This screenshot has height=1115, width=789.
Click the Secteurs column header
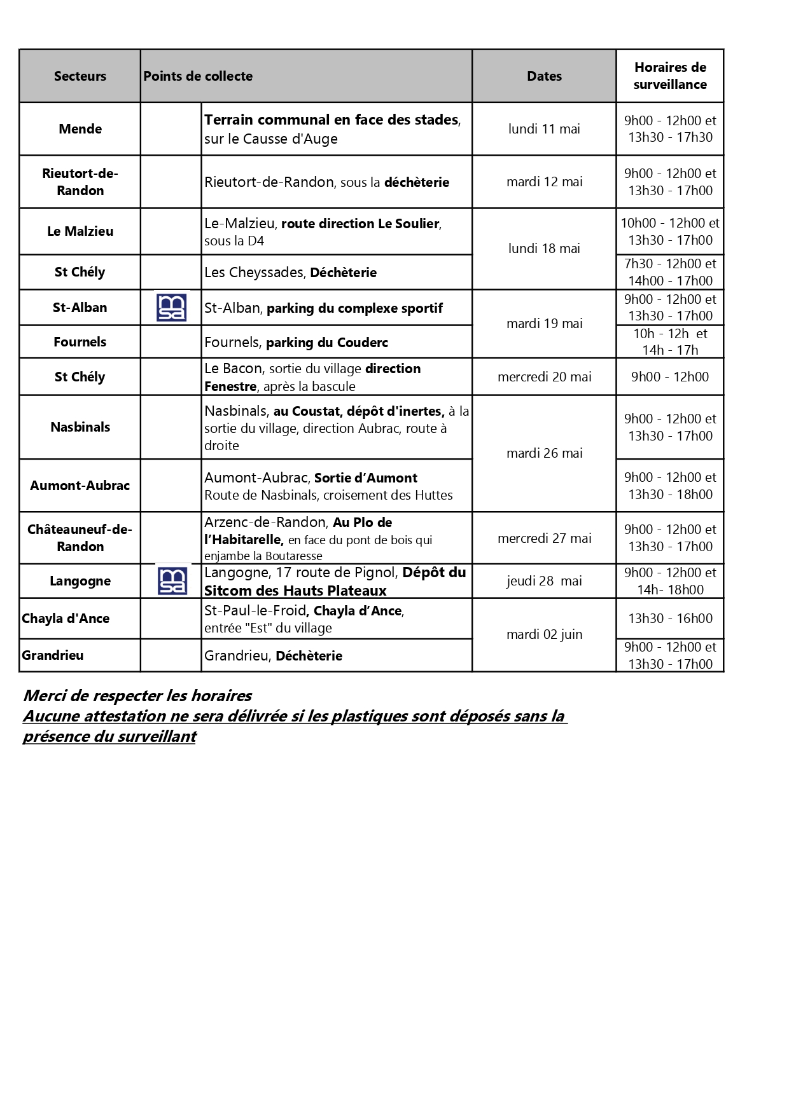[x=80, y=76]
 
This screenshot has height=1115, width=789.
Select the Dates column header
[x=544, y=76]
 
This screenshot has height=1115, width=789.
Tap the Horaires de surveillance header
[x=670, y=76]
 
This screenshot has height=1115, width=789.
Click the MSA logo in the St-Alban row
[x=171, y=308]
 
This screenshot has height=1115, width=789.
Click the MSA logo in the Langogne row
[x=172, y=581]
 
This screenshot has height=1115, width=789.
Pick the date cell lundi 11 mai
[x=544, y=129]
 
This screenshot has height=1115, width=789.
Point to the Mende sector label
[x=80, y=129]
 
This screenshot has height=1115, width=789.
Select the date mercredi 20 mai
[x=544, y=377]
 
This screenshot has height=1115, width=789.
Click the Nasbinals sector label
[x=80, y=427]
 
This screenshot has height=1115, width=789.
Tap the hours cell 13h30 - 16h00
[x=670, y=619]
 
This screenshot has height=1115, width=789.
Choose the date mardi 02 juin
[x=544, y=634]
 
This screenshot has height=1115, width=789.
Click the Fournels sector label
[x=80, y=342]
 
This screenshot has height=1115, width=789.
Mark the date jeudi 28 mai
[x=544, y=581]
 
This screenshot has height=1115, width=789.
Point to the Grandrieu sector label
[x=53, y=655]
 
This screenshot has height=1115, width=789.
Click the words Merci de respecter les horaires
[x=137, y=695]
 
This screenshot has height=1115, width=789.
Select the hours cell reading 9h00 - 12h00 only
[x=670, y=377]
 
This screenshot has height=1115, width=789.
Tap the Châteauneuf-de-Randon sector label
[x=80, y=538]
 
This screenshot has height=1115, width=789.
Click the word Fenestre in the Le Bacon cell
[x=230, y=386]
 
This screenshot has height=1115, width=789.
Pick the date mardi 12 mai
[x=544, y=182]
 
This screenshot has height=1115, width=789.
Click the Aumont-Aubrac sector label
[x=80, y=486]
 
